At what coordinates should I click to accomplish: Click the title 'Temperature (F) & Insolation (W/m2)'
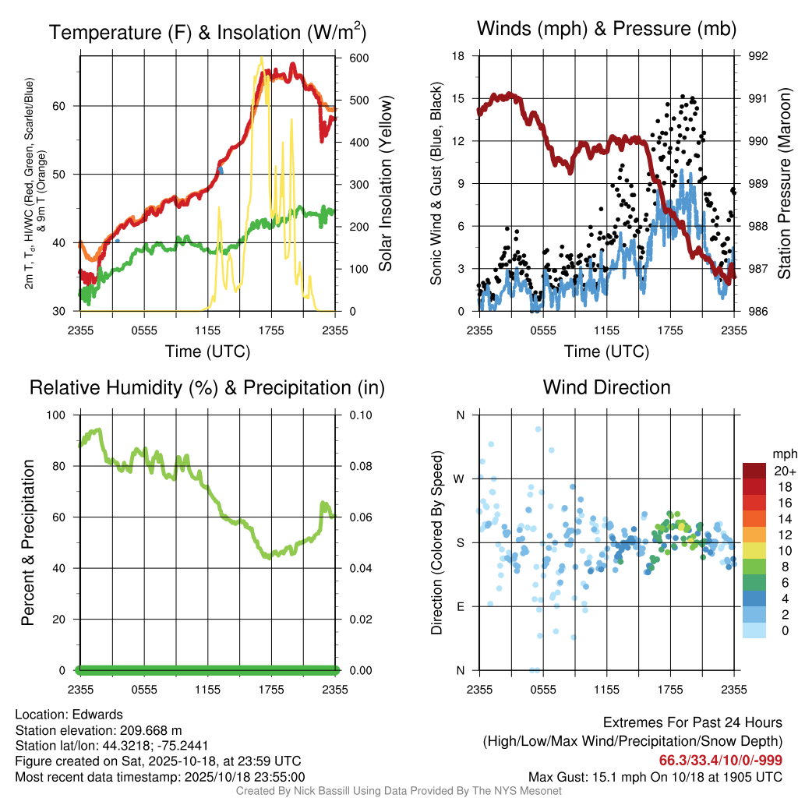207,32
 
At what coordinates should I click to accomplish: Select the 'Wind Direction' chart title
606,387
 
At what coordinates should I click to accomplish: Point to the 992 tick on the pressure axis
757,56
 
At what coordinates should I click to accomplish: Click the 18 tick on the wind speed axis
458,56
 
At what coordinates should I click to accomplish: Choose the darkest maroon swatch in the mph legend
756,470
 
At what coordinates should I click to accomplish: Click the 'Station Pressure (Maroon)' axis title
785,183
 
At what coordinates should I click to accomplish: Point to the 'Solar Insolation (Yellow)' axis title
386,183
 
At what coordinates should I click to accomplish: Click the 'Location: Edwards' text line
69,714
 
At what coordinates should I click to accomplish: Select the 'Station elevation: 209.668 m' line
98,729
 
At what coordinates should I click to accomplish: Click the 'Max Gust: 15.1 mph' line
655,776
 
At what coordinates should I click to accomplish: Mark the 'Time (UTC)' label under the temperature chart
207,351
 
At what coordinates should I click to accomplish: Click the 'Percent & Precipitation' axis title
28,542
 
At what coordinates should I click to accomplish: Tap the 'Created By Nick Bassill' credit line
399,791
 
